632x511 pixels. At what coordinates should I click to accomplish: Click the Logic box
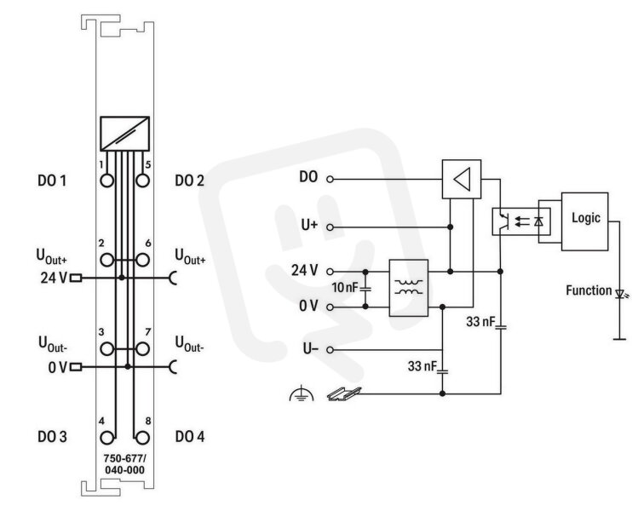click(584, 221)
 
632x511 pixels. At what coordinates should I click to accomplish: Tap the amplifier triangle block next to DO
click(462, 179)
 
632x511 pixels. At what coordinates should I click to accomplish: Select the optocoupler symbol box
click(521, 221)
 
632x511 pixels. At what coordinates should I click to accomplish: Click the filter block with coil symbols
click(408, 288)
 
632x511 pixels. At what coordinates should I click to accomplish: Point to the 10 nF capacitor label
click(345, 288)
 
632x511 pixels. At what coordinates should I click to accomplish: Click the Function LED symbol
click(620, 294)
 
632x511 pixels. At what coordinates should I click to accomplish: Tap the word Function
click(589, 290)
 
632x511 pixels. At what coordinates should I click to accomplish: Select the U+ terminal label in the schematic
click(309, 226)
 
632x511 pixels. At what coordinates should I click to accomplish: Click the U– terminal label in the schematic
click(310, 348)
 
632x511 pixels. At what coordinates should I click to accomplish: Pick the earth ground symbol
click(301, 393)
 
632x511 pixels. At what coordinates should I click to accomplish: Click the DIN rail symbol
click(343, 393)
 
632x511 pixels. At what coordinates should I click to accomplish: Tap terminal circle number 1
click(106, 181)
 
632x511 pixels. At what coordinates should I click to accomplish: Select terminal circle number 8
click(142, 438)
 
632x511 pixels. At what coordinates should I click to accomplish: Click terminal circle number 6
click(142, 260)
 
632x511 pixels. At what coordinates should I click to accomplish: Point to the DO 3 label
click(52, 436)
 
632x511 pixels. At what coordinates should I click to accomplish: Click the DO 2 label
click(189, 181)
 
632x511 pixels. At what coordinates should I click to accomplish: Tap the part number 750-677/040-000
click(124, 464)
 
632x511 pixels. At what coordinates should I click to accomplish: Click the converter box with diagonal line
click(124, 134)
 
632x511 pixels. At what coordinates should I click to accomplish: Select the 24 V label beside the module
click(54, 278)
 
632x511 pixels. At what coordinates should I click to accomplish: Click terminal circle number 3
click(106, 349)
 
